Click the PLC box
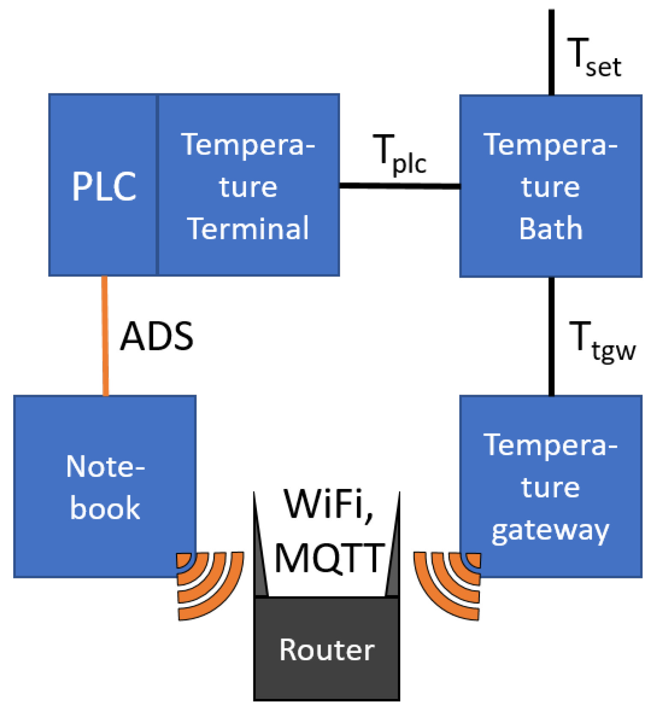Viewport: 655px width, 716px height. (103, 185)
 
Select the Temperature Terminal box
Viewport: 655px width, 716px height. (249, 185)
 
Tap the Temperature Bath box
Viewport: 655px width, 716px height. (551, 186)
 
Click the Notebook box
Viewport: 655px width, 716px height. (105, 486)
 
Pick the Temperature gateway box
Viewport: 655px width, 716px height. (551, 486)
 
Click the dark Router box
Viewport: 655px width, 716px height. (327, 649)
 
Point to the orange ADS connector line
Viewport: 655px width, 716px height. (105, 336)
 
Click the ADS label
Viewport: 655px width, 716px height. (157, 336)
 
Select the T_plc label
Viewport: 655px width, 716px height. (400, 154)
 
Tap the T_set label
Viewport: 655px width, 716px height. (594, 57)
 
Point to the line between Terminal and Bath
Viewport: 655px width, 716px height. (400, 186)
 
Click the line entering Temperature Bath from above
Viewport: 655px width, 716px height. (551, 52)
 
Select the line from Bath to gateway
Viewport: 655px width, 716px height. (551, 336)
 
